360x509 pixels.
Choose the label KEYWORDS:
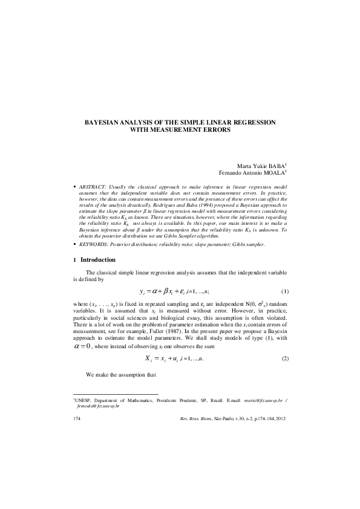(93, 244)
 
